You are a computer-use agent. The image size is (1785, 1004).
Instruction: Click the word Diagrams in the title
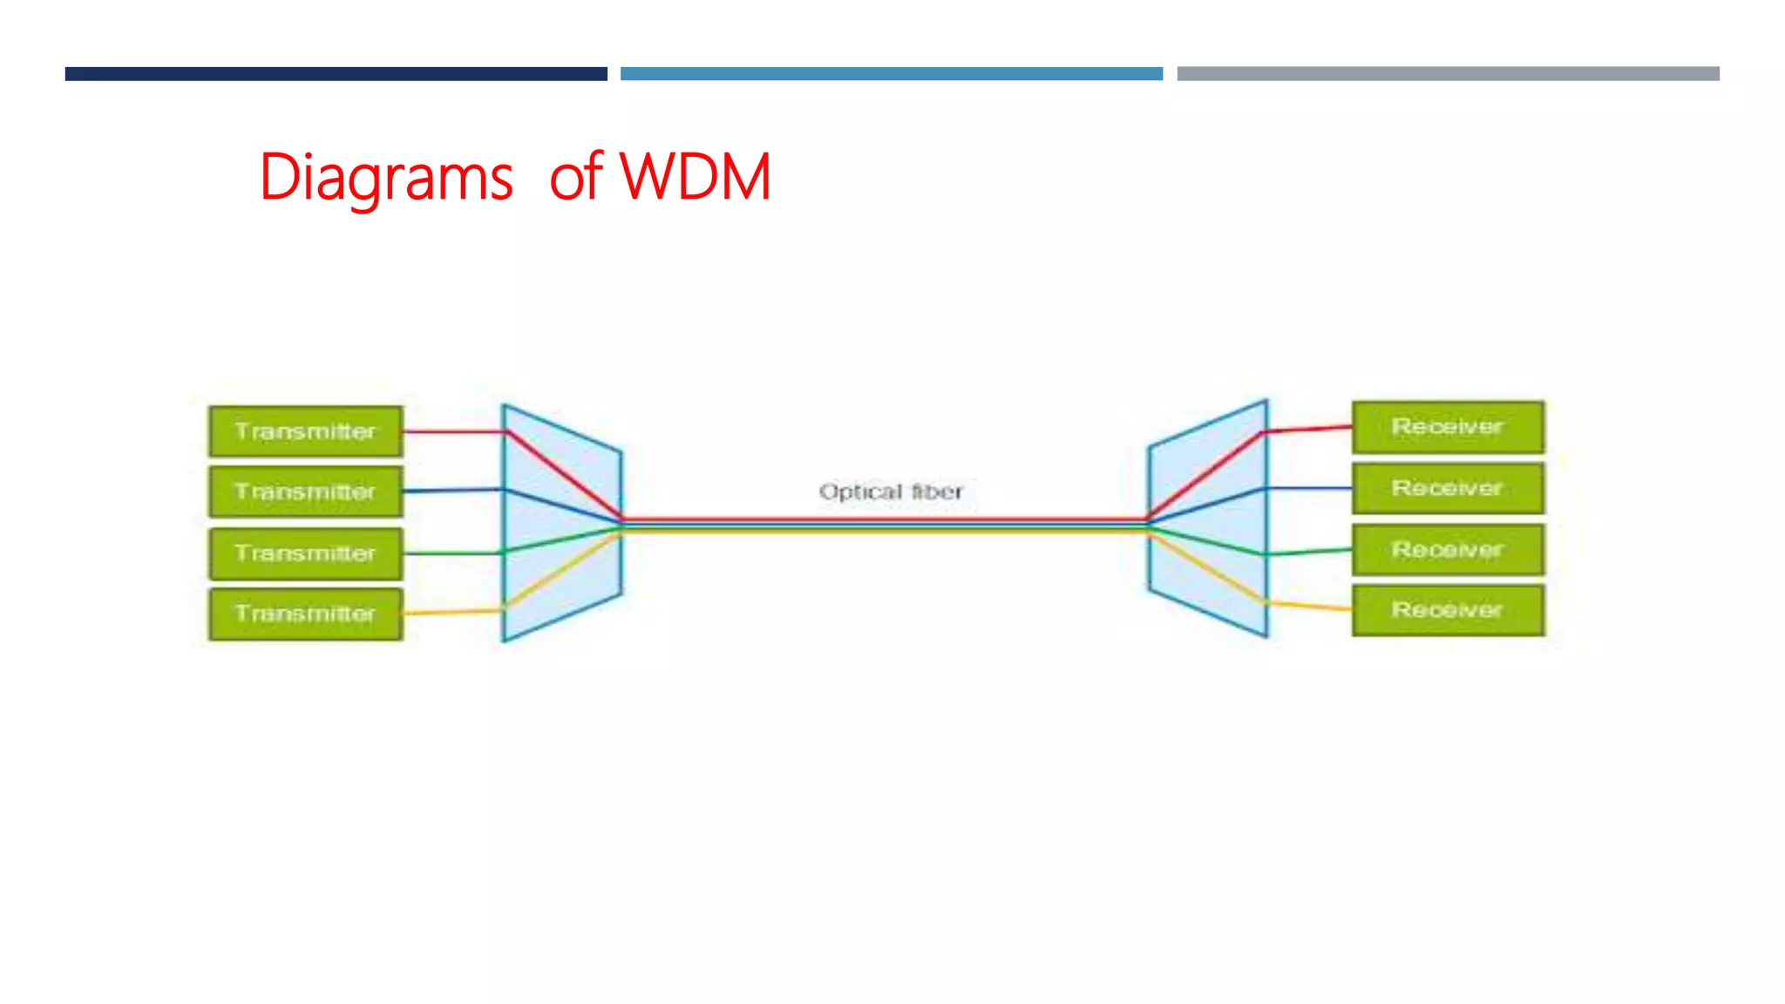click(386, 179)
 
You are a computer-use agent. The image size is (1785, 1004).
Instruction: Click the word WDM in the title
click(695, 177)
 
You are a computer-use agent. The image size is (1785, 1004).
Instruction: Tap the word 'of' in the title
click(575, 177)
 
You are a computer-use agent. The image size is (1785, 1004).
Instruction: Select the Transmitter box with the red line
click(305, 431)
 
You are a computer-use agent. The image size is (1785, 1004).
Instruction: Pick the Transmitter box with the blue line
click(305, 492)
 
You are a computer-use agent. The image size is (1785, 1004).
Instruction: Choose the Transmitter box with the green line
click(305, 553)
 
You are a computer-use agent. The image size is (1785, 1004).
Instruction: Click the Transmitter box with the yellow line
click(305, 614)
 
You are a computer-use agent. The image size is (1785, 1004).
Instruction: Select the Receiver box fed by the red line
click(1447, 427)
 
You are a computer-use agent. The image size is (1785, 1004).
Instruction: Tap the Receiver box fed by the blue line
click(1447, 488)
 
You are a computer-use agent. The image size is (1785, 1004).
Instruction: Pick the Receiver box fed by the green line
click(1447, 550)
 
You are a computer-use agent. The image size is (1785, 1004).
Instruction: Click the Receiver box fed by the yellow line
click(1447, 610)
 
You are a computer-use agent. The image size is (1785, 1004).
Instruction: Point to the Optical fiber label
click(891, 492)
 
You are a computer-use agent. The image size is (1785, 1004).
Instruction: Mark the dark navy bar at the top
click(336, 74)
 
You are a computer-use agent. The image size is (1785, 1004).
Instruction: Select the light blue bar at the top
click(891, 74)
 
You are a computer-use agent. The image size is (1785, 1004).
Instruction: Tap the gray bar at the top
click(1448, 74)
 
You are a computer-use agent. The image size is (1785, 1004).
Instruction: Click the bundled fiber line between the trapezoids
click(885, 525)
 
